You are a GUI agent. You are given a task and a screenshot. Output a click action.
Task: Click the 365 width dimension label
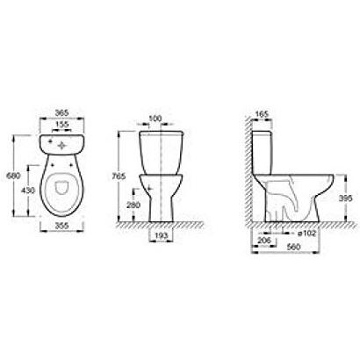tap(61, 112)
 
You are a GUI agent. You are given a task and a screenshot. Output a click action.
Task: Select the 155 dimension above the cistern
tap(61, 124)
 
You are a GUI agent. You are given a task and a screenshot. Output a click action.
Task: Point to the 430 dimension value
tap(28, 191)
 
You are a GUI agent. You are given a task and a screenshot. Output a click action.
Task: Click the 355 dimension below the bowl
tap(61, 226)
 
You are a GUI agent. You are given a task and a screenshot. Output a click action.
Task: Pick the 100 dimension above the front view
tap(155, 119)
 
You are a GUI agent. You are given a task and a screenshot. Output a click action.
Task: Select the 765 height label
tap(119, 176)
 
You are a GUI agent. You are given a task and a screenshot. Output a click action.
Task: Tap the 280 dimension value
tap(133, 205)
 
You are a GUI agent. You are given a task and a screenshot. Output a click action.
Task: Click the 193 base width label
tap(161, 235)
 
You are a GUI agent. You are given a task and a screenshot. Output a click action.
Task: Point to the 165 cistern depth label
tap(262, 114)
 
